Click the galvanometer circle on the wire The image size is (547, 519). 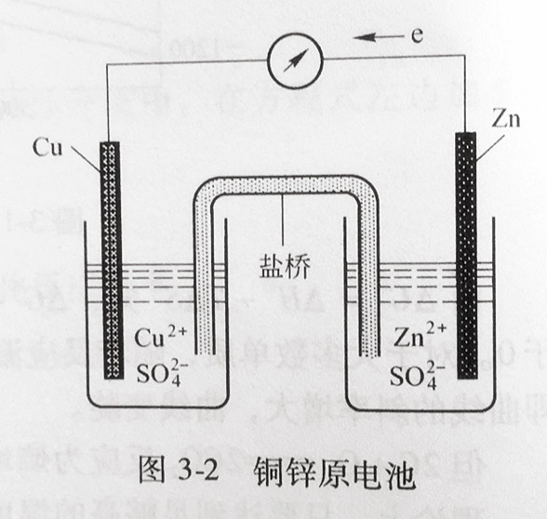295,60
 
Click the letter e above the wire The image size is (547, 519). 417,35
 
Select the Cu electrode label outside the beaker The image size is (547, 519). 47,147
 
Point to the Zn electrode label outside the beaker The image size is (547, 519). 505,119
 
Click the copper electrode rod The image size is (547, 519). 113,260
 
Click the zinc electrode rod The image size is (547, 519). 466,256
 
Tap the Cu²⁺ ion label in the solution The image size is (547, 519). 161,337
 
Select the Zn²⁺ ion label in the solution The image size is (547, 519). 420,335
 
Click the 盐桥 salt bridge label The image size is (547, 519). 285,267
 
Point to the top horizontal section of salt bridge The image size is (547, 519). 287,184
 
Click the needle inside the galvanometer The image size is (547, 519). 296,60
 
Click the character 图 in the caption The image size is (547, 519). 152,471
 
